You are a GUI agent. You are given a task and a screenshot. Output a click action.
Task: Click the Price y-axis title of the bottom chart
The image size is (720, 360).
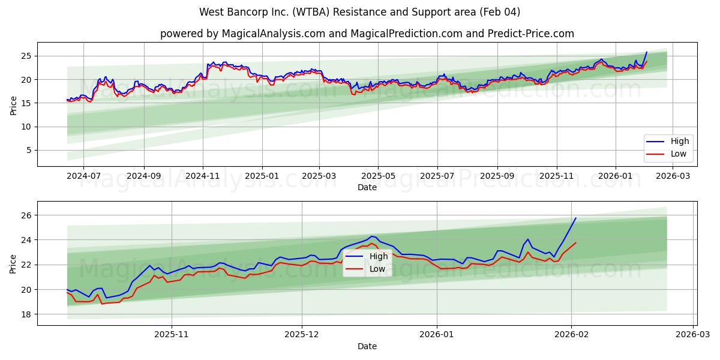13,263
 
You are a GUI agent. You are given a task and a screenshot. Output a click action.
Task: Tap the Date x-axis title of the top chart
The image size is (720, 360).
367,187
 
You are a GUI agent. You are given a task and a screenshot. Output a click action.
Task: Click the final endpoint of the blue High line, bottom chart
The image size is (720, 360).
576,218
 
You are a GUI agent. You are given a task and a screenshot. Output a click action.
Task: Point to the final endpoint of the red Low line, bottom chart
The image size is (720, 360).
576,242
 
